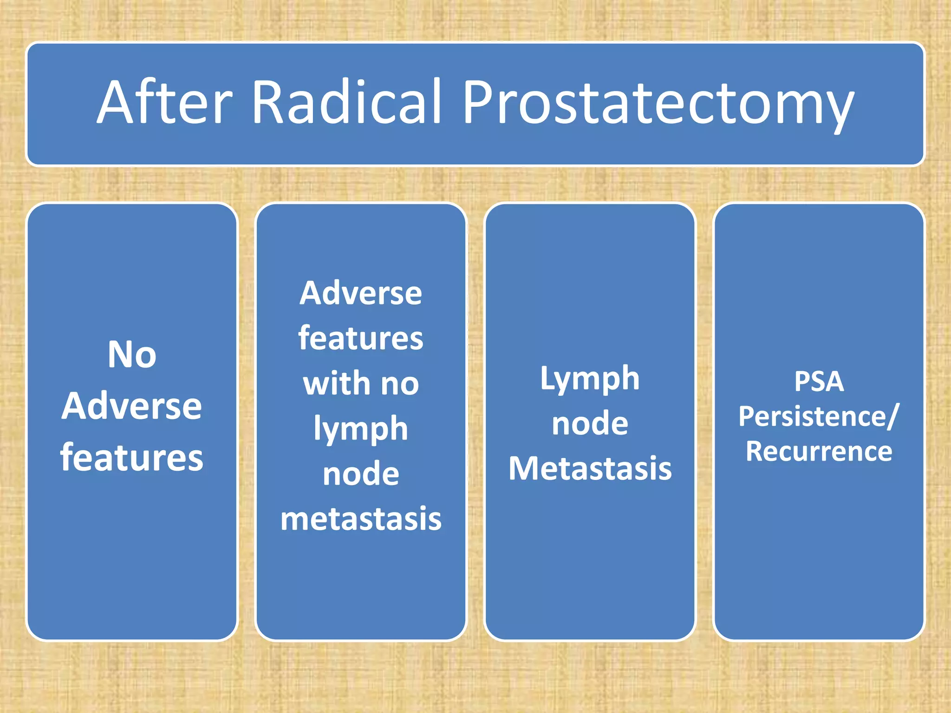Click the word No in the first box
[132, 355]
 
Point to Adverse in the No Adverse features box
[132, 406]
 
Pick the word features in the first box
[132, 457]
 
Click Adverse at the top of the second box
[361, 293]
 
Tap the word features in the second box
[361, 338]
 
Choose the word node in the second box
[361, 474]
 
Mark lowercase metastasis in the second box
[361, 519]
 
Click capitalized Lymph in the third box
[590, 380]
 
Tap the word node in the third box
[590, 424]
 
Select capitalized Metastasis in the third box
[590, 468]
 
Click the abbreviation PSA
[819, 382]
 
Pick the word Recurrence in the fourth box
[819, 451]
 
